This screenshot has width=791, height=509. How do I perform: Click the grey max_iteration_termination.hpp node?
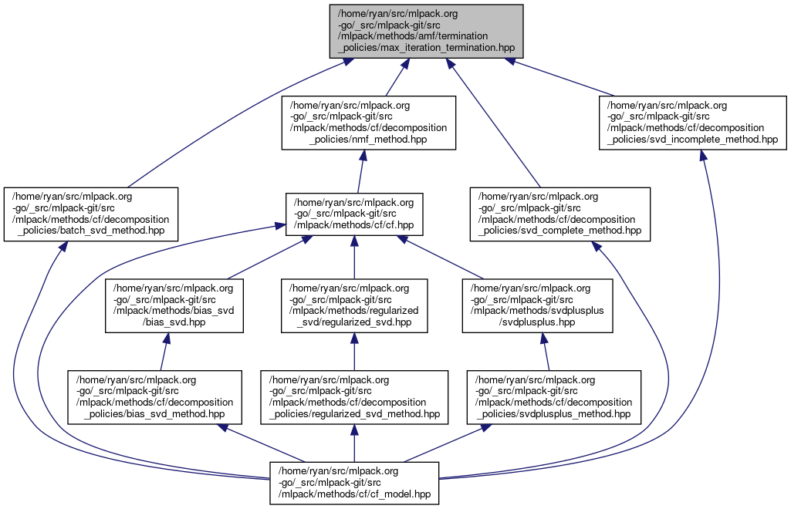click(x=426, y=31)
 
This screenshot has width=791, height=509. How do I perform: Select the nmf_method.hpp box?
click(x=368, y=122)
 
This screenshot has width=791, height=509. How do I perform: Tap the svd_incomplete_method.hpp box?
click(x=692, y=122)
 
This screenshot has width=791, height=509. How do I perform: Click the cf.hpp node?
click(x=353, y=214)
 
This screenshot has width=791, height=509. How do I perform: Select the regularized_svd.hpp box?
click(x=353, y=305)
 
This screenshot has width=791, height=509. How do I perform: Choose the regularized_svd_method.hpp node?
click(x=353, y=397)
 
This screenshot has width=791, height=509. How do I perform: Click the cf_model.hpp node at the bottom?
click(x=354, y=483)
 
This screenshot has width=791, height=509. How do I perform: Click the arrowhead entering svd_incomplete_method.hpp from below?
click(x=703, y=155)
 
